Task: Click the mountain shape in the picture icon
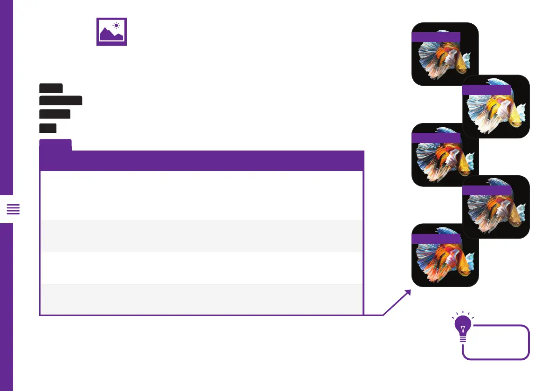coord(111,35)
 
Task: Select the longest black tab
coord(61,100)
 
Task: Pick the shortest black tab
coord(48,128)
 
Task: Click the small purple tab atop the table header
coord(55,144)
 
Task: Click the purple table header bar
coord(201,160)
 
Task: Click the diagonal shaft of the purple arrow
coord(396,303)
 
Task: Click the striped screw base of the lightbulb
coord(462,340)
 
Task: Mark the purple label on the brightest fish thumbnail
coord(487,90)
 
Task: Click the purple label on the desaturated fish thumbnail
coord(487,190)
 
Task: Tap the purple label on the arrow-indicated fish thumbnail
coord(436,239)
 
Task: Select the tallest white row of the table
coord(201,195)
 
